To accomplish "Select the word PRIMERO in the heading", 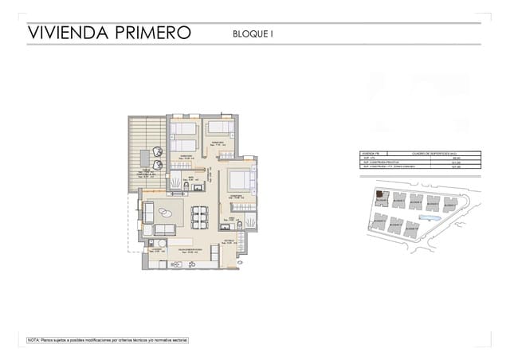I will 151,33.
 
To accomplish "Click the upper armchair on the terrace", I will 159,151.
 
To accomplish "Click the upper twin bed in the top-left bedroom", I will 185,129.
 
